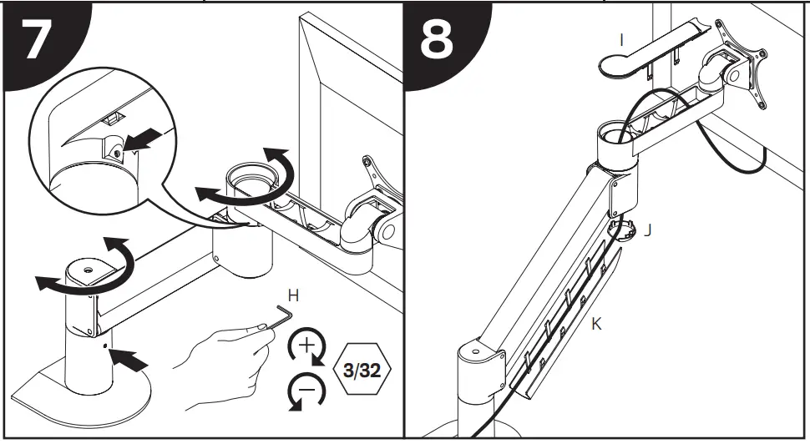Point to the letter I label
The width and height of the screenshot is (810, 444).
click(x=621, y=39)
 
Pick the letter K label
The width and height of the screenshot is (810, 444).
click(x=595, y=325)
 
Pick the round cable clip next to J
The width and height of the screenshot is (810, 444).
click(x=623, y=228)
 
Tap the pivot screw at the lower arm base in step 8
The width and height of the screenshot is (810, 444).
click(x=477, y=351)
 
